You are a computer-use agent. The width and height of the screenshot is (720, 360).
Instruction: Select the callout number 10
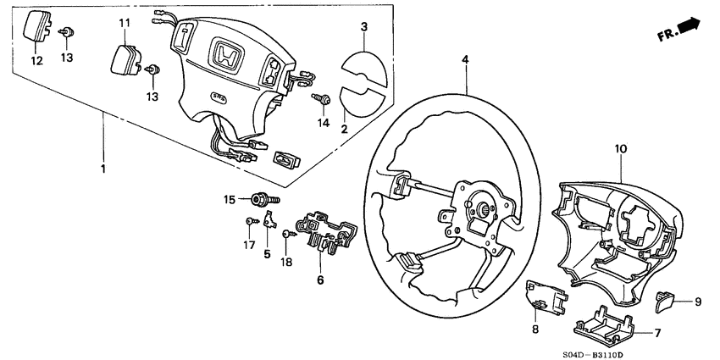pos(620,148)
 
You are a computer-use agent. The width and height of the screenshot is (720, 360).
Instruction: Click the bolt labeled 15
pos(260,200)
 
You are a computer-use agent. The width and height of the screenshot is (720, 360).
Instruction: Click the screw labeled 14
pos(324,100)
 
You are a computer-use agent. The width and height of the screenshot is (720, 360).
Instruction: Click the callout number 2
pos(345,129)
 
